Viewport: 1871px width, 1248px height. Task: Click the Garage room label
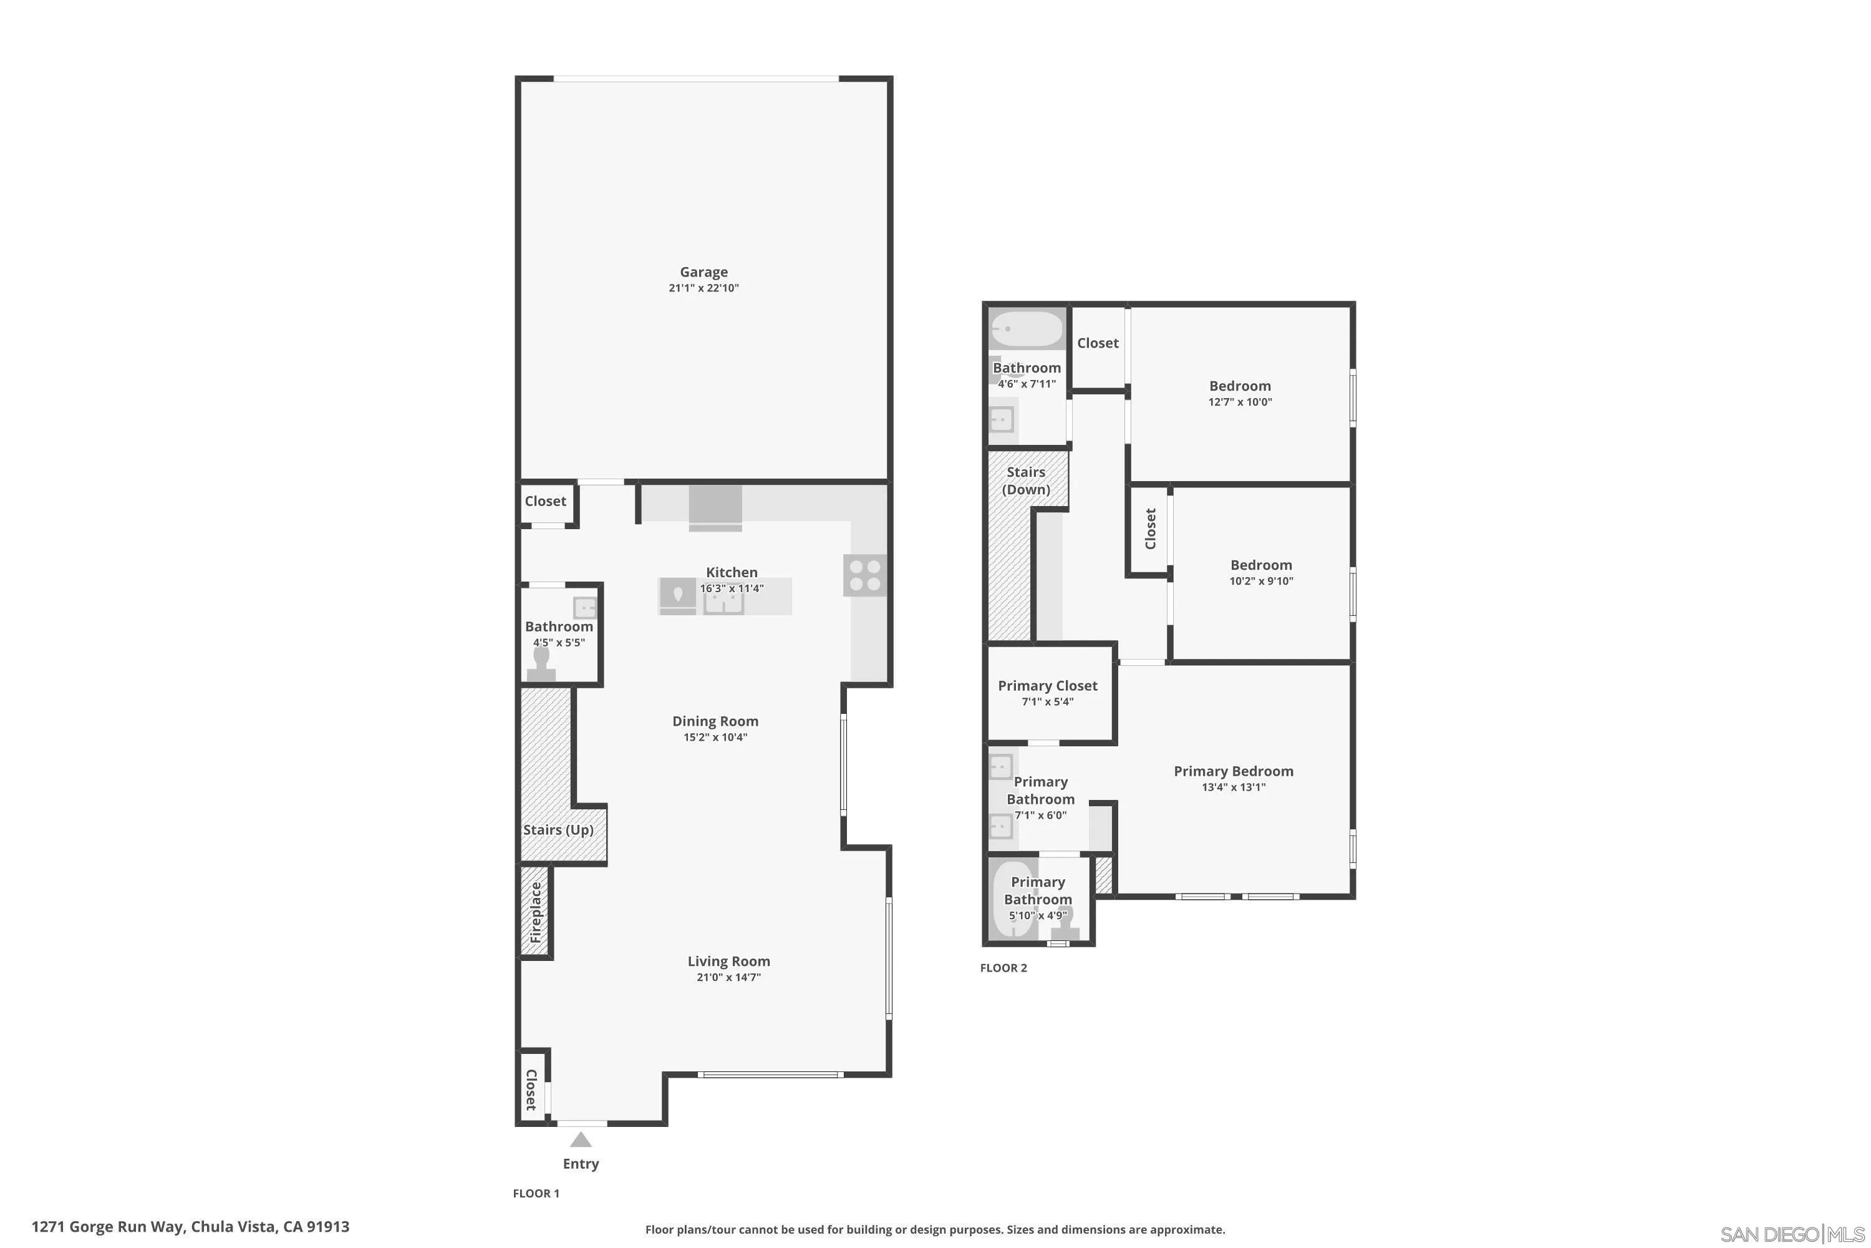point(703,272)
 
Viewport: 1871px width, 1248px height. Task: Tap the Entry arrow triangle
point(581,1140)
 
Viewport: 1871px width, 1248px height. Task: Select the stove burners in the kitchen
point(864,575)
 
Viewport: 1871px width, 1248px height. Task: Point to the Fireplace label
point(535,912)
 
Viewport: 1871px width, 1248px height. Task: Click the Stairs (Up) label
point(558,829)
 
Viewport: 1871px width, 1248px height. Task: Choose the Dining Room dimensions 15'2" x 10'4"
point(715,737)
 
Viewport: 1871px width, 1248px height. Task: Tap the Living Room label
point(728,961)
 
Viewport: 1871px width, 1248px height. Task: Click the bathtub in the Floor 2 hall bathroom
point(1026,328)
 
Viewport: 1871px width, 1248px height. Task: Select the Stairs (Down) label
point(1025,480)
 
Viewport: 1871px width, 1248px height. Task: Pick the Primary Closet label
point(1048,685)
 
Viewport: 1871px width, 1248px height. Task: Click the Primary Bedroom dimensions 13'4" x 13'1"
point(1233,787)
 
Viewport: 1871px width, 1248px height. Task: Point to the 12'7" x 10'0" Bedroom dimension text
point(1240,402)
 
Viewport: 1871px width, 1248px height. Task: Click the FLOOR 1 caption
point(536,1193)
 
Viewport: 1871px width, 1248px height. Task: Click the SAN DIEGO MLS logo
point(1793,1234)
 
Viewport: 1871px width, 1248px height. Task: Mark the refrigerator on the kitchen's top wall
point(715,508)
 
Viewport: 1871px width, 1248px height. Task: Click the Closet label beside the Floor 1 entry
point(531,1090)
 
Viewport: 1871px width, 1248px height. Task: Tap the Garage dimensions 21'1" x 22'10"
point(703,288)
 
